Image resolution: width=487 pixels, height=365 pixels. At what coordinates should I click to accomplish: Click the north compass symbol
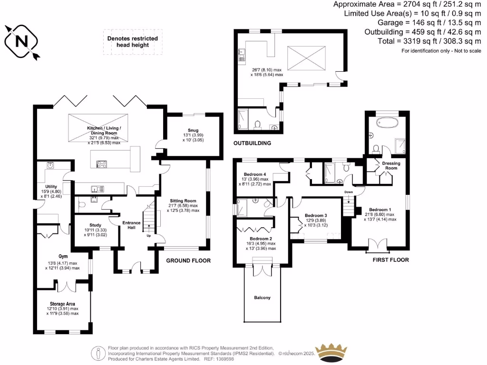22,41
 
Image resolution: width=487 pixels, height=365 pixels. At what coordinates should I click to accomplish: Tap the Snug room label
193,130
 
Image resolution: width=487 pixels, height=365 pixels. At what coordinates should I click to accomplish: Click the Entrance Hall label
131,225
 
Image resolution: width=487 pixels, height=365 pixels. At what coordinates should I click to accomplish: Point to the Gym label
63,256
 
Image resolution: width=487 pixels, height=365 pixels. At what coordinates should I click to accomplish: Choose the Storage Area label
62,303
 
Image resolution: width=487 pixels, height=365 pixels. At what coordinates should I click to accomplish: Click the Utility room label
51,186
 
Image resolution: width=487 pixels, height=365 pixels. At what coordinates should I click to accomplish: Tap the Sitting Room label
183,201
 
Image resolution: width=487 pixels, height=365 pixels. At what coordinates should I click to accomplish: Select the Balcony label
262,298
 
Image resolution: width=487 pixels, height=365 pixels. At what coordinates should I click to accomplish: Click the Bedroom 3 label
316,214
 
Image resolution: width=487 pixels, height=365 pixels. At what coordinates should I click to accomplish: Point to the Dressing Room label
391,165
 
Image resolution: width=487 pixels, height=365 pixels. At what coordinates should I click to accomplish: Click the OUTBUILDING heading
252,143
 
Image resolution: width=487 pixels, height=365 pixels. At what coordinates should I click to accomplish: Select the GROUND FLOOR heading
188,260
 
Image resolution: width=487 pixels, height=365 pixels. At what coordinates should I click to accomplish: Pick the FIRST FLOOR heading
390,260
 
